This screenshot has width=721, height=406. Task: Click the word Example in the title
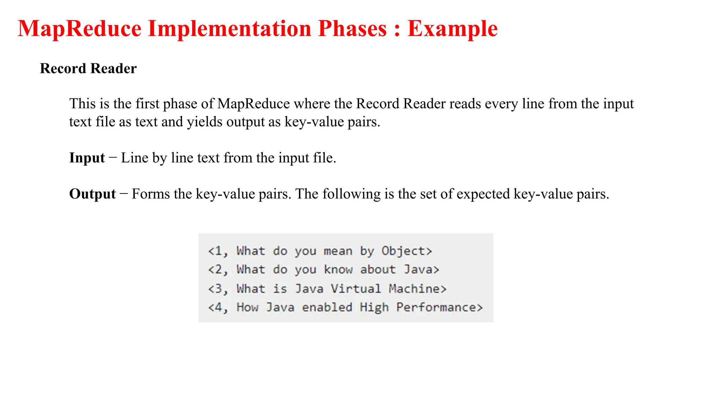452,29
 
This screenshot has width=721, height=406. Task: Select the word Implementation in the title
230,29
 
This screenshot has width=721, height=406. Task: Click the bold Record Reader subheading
88,68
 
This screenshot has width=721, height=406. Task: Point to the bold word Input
87,158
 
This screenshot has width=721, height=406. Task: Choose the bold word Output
92,194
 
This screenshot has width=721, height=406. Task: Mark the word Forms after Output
151,194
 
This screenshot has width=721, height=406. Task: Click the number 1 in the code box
218,251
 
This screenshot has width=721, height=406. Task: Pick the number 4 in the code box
218,307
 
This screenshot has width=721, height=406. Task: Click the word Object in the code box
403,251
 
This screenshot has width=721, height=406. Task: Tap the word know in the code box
338,270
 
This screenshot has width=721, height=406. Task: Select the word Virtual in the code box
356,289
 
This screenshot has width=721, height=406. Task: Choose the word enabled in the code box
327,307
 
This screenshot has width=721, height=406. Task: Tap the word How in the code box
247,307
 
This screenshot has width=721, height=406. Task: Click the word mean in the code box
338,251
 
